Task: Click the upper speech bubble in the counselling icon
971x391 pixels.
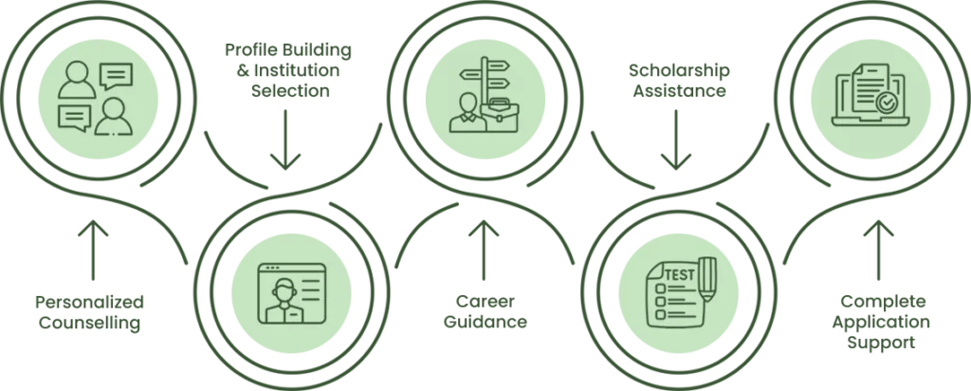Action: pyautogui.click(x=116, y=75)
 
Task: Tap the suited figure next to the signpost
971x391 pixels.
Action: pyautogui.click(x=465, y=113)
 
